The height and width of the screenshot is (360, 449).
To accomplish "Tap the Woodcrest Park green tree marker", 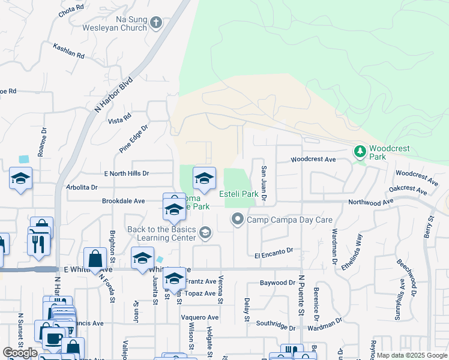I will coord(360,152).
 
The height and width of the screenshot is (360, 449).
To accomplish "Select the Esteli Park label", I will coord(239,194).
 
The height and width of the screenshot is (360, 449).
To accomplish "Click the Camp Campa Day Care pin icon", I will coord(238,220).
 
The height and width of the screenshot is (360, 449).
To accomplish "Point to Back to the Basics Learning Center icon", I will coord(205,232).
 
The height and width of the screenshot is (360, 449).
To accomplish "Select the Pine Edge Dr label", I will coord(133,138).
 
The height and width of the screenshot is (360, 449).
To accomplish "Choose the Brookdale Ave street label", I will coord(123,201).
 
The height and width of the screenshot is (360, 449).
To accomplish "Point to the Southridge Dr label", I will coord(275,328).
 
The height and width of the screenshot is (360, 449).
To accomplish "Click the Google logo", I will coord(20,353).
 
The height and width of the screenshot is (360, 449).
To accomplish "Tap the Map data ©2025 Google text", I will coord(411,355).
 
